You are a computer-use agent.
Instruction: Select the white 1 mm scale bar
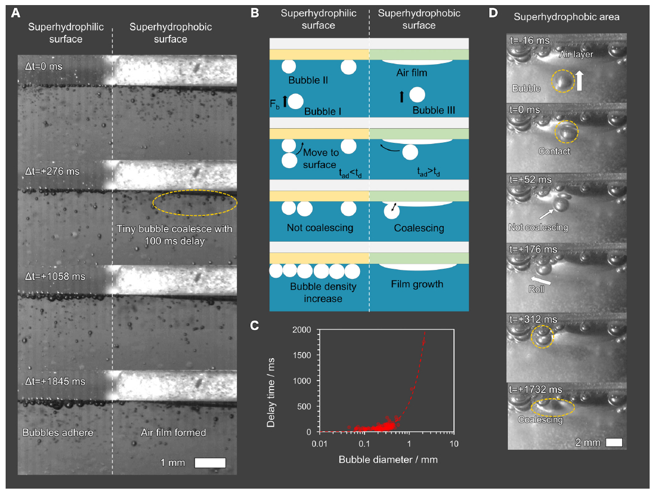tap(210, 463)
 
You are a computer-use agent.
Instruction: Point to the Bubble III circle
tap(417, 95)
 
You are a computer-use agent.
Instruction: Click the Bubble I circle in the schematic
tap(296, 102)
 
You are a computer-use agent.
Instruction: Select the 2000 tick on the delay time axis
tap(303, 330)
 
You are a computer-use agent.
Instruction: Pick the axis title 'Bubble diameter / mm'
tap(388, 459)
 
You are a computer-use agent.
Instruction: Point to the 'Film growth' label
tap(417, 284)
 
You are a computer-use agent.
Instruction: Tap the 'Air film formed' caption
tap(173, 432)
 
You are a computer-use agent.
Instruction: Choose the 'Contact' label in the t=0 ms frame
tap(555, 151)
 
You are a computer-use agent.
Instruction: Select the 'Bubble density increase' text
tap(323, 292)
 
